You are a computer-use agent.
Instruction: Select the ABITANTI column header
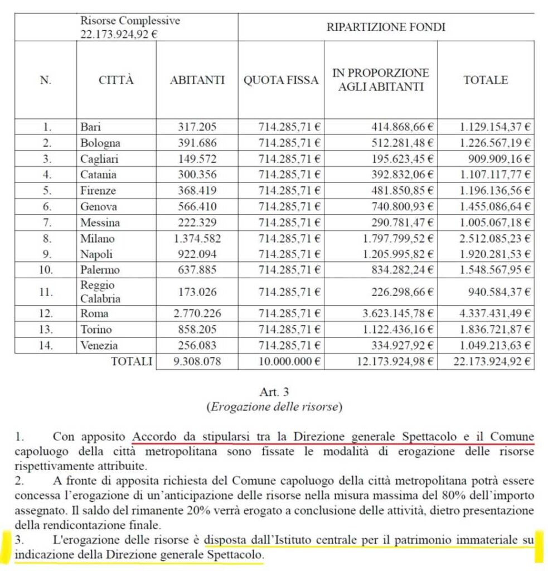pos(197,80)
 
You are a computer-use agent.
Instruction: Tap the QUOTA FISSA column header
pos(281,80)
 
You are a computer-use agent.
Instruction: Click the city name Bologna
pos(100,142)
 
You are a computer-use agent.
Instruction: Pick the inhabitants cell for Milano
pos(197,239)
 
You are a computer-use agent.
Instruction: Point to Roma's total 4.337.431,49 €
pos(495,313)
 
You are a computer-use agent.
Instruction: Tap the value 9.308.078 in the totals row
pos(197,361)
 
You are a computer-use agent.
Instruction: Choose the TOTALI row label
pos(132,361)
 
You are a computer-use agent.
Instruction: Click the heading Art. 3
pos(274,394)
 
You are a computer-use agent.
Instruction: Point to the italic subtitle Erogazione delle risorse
pos(274,407)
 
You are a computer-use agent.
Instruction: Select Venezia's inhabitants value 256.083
pos(197,345)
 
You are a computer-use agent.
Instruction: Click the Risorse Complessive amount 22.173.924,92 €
pos(118,33)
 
